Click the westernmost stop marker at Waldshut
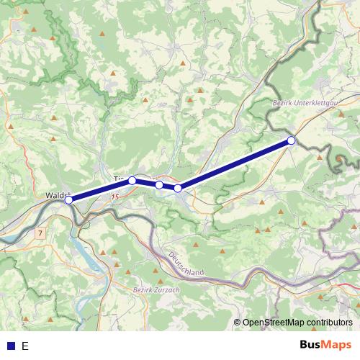click(x=68, y=200)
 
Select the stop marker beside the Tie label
click(x=132, y=181)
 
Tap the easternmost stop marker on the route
click(x=291, y=140)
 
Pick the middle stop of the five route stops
click(x=159, y=185)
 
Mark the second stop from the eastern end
click(x=178, y=189)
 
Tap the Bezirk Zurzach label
click(x=156, y=290)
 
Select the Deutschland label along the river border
click(x=186, y=266)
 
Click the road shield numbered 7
click(x=40, y=233)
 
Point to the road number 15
click(x=115, y=195)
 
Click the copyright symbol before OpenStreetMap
click(x=237, y=323)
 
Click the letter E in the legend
click(x=24, y=346)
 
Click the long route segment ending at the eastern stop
click(x=234, y=165)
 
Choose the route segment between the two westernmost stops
click(x=101, y=190)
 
